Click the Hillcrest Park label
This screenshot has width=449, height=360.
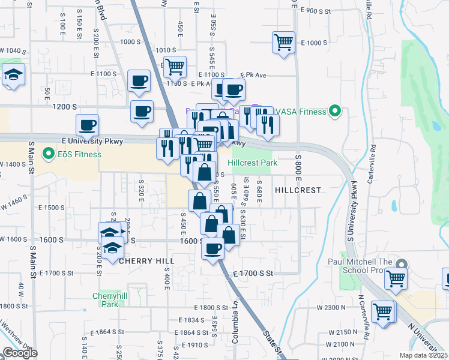[x=252, y=163]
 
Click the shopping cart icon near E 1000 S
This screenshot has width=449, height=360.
[x=283, y=43]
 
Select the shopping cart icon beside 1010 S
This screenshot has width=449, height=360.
[x=175, y=67]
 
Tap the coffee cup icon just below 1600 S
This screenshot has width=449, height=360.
[x=212, y=248]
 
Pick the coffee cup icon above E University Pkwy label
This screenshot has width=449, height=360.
[x=88, y=125]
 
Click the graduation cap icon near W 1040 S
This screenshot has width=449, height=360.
[x=13, y=76]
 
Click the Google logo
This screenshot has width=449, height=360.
[x=20, y=353]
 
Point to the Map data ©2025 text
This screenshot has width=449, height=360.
[x=423, y=355]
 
